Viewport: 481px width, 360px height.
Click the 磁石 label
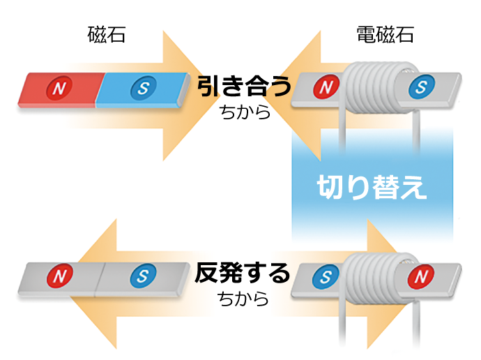(107, 35)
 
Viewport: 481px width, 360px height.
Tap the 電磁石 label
(384, 35)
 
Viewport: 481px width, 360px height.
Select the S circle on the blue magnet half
(143, 88)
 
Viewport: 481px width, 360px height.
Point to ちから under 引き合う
(244, 112)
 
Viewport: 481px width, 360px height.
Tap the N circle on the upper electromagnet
(326, 88)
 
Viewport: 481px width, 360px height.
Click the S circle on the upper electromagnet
(420, 88)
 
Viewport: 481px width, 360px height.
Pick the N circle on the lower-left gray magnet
(61, 276)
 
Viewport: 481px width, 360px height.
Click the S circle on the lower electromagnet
(326, 276)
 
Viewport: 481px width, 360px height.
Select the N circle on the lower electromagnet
(420, 276)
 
